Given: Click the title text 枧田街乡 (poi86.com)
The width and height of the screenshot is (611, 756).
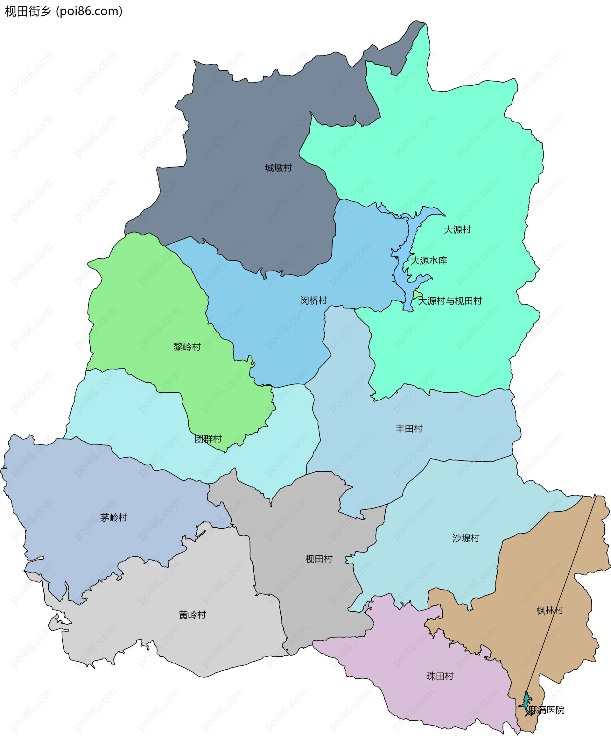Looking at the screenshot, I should (64, 11).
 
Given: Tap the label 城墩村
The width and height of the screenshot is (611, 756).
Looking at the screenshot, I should (278, 168).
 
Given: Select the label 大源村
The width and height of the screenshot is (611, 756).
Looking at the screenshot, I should (457, 230).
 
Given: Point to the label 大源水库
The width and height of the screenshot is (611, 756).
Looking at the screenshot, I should (429, 260).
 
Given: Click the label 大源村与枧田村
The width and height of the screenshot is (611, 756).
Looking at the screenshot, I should (450, 301).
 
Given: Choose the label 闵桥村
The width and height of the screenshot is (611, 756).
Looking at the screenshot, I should (313, 300).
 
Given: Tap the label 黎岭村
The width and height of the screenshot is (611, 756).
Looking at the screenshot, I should (187, 347).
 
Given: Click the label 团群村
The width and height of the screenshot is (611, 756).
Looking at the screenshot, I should (208, 439).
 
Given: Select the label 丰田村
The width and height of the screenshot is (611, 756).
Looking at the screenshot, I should (409, 429).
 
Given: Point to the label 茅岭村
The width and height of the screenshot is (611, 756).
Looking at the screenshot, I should (113, 517).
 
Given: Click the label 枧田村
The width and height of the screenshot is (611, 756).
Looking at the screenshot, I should (319, 559).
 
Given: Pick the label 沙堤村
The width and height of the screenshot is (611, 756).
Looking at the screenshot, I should (466, 538).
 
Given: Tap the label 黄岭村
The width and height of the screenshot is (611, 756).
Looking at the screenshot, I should (192, 615).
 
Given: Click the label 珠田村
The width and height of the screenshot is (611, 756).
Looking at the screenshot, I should (440, 676).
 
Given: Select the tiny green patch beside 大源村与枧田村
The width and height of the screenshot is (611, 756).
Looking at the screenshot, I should (418, 294).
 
